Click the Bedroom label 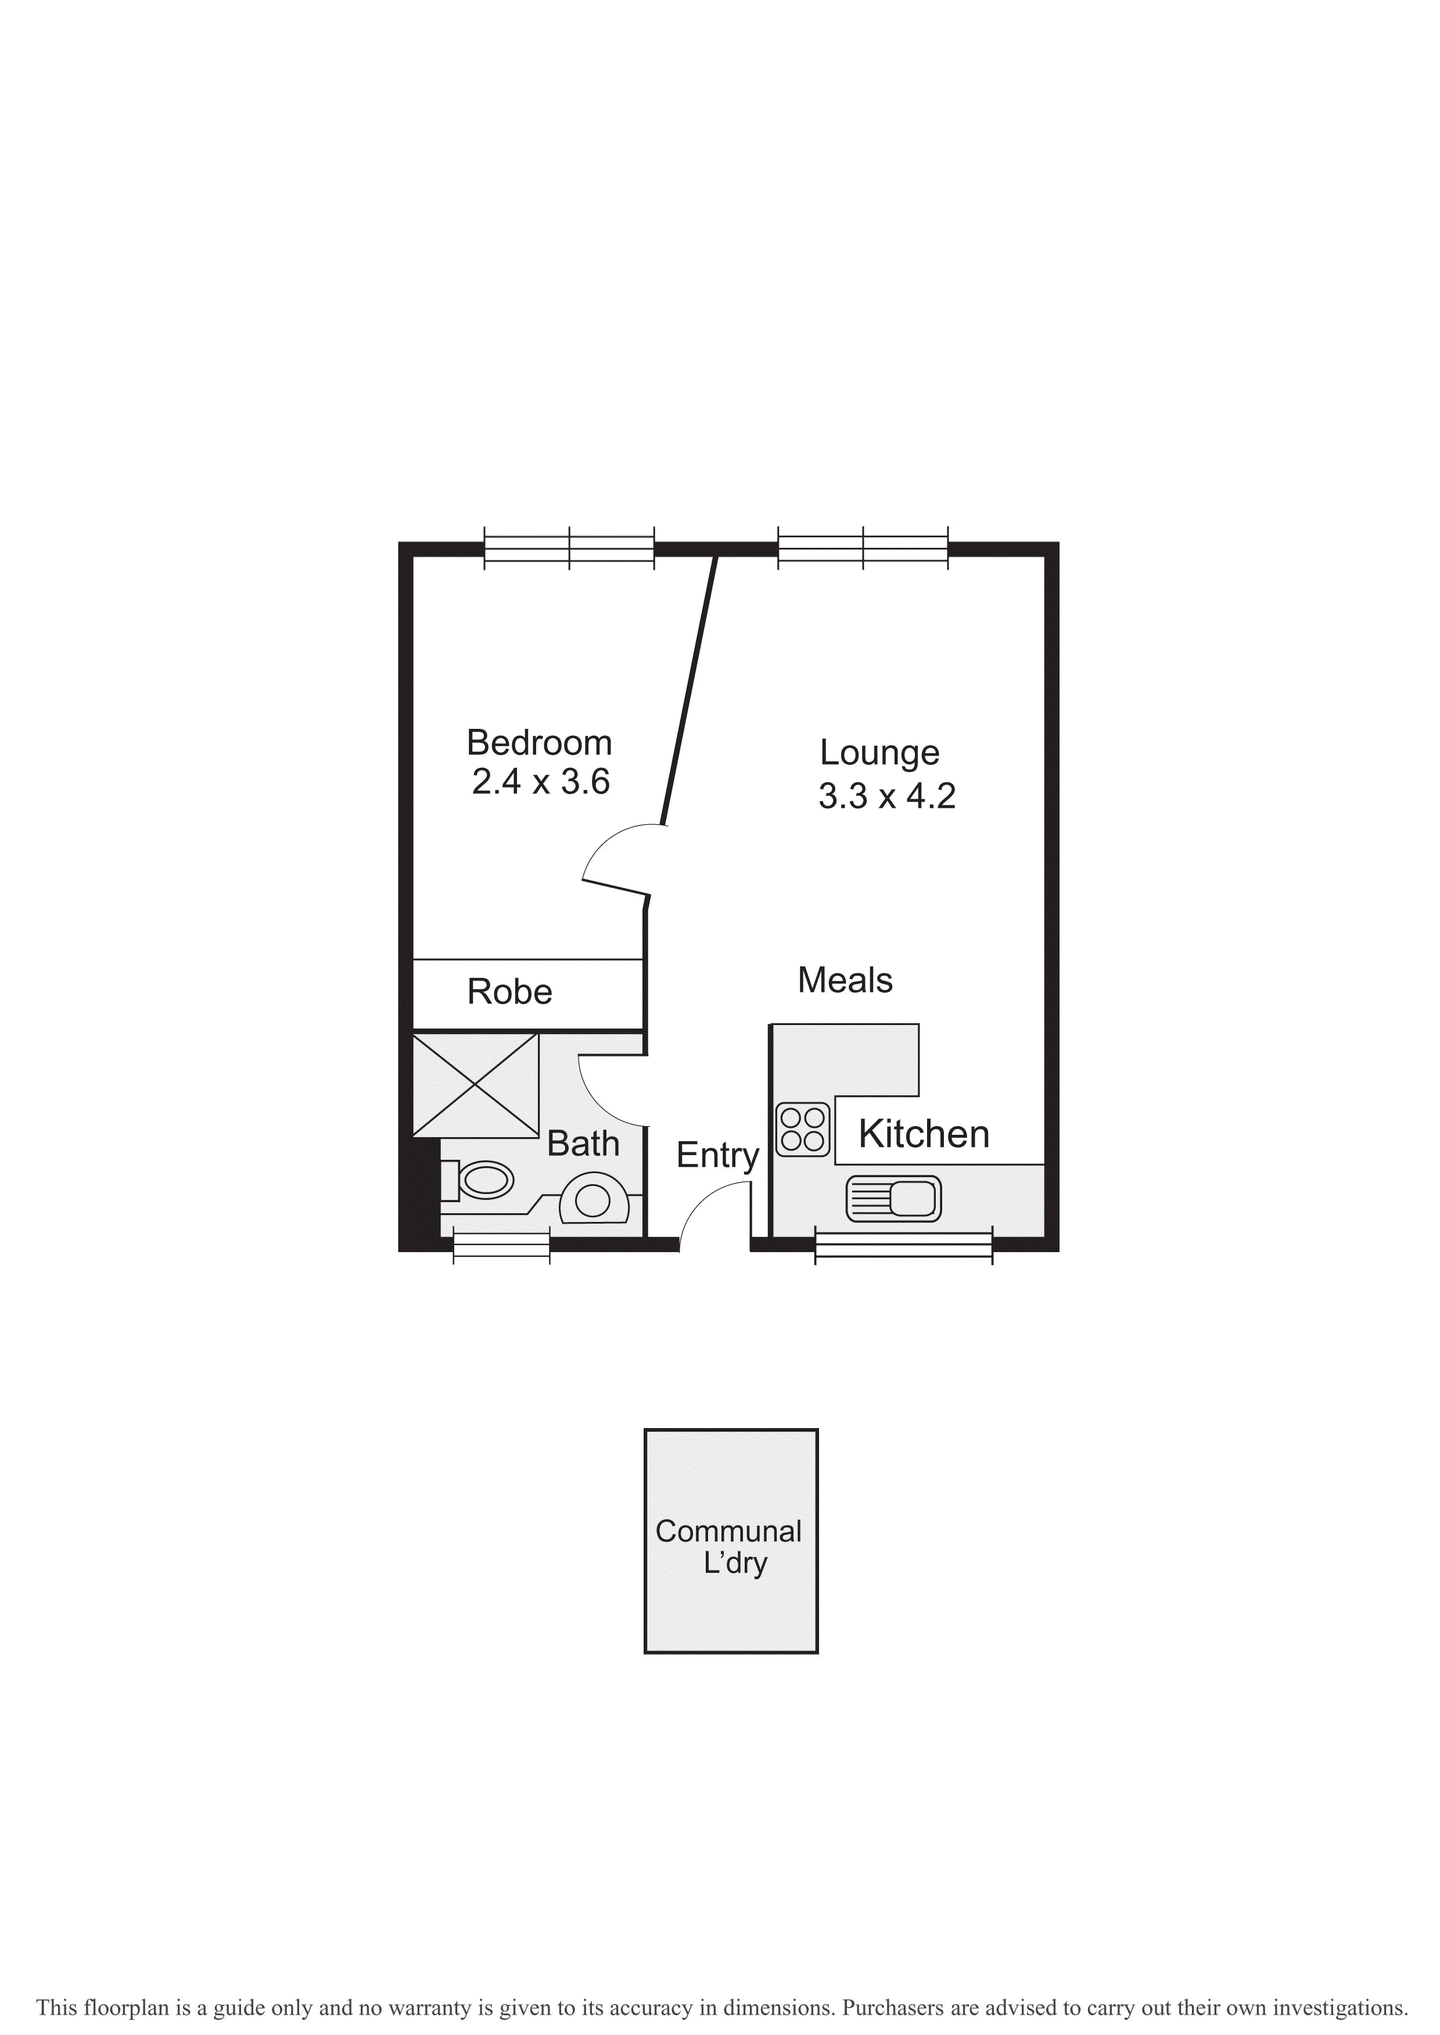click(539, 743)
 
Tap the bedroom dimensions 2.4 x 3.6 click(540, 782)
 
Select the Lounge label click(879, 753)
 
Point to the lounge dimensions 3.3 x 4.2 click(886, 796)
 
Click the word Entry click(717, 1156)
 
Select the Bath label click(583, 1144)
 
